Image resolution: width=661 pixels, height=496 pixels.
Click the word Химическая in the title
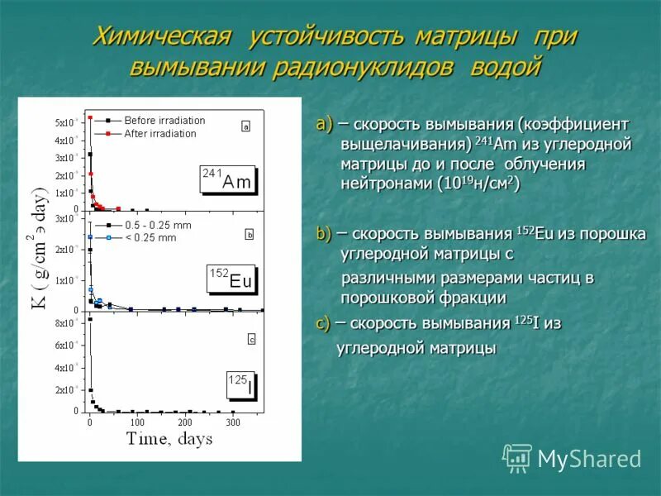158,37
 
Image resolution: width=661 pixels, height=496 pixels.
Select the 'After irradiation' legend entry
159,133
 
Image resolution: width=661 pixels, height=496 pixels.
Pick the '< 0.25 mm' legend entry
150,238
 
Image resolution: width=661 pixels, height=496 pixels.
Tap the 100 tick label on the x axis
138,422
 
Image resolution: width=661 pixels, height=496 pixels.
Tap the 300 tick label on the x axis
233,422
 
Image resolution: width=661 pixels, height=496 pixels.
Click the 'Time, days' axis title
169,439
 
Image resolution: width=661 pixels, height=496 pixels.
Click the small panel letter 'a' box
245,126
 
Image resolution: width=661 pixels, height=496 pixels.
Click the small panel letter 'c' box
251,339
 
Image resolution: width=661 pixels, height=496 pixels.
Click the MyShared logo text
589,459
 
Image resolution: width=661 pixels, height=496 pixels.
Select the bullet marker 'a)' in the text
324,125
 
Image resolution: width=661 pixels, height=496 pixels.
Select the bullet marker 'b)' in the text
324,235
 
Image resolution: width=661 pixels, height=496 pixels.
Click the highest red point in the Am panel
90,117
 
